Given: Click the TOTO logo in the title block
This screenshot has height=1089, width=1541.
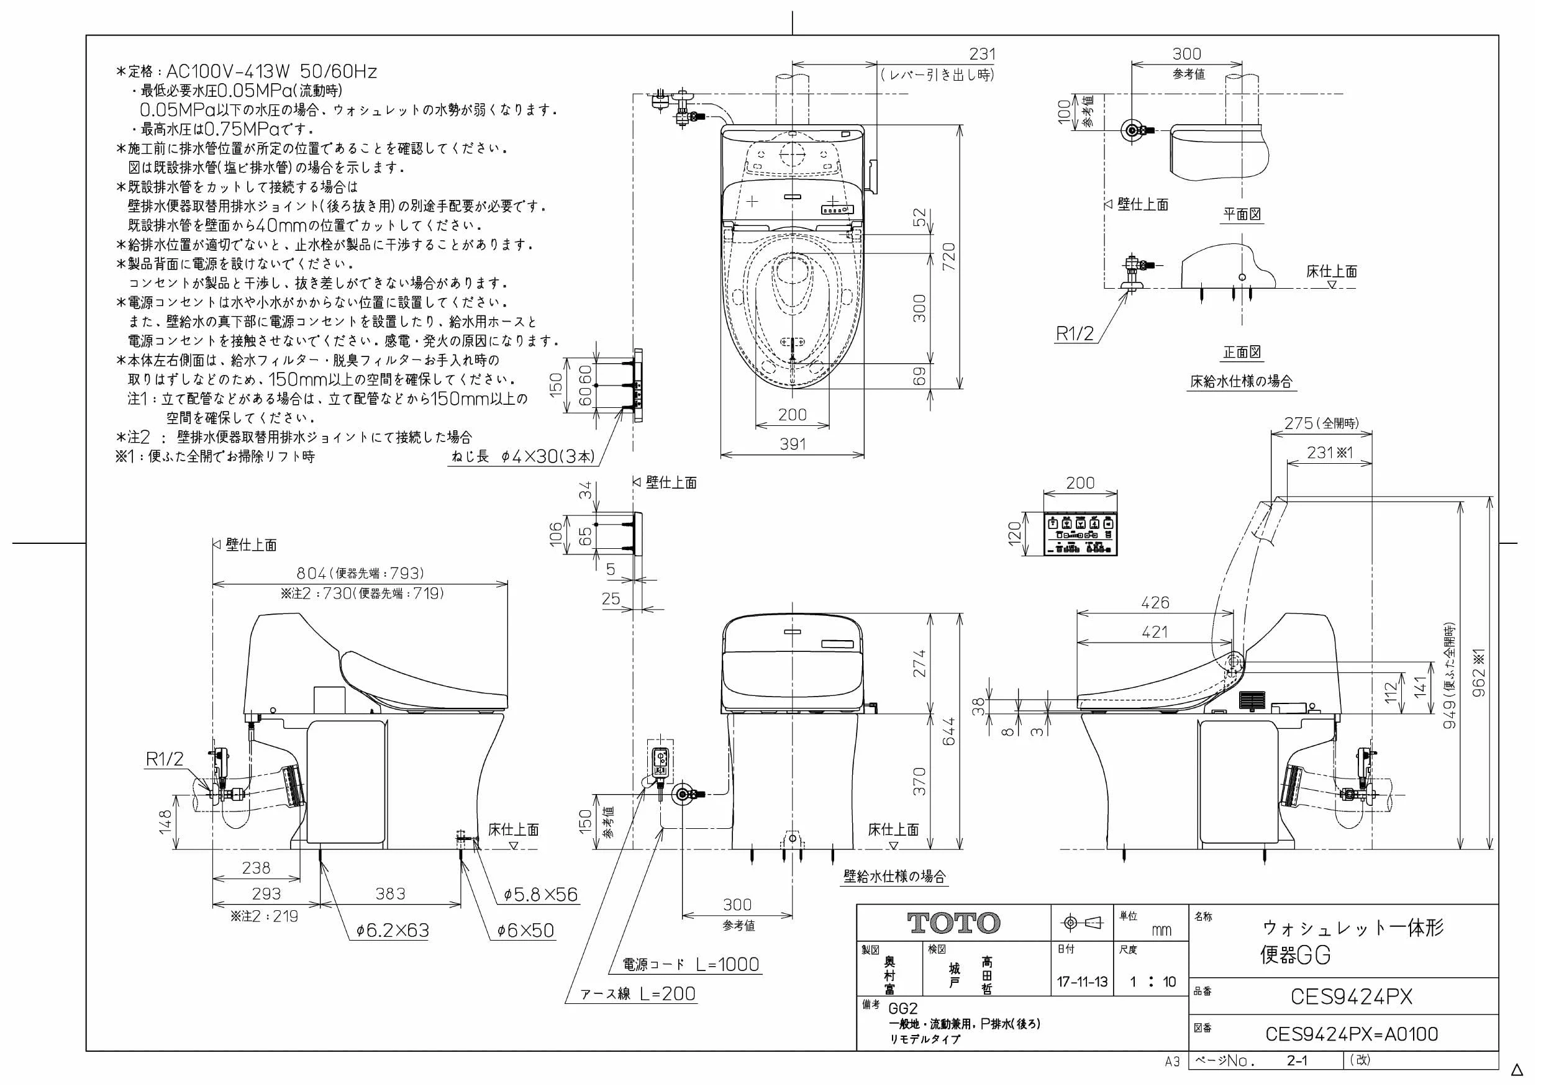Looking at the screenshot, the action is tap(953, 923).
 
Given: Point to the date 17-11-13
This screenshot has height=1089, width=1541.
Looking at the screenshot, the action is tap(1082, 982).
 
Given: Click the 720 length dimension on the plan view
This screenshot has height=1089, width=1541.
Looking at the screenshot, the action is tap(948, 257).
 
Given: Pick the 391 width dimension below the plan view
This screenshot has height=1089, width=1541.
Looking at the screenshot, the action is tap(792, 443).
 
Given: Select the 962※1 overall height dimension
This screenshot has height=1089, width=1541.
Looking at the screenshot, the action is tap(1480, 672).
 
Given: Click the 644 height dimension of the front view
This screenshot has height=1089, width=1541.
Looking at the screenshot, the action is tap(948, 731).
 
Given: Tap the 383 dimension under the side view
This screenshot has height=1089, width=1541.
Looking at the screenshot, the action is tap(390, 893).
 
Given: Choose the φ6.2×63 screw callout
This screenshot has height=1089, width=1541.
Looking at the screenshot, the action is tap(393, 930).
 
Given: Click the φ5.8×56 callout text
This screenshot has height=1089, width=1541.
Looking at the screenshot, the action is tap(541, 895).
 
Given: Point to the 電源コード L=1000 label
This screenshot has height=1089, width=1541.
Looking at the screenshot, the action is tap(691, 964).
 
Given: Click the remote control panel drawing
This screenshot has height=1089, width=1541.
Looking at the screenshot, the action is tap(1081, 534).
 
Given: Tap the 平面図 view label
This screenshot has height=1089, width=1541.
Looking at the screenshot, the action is tap(1242, 214).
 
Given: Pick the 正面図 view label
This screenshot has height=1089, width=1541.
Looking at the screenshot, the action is tap(1242, 351).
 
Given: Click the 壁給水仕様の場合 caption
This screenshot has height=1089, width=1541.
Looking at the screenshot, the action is tap(894, 875).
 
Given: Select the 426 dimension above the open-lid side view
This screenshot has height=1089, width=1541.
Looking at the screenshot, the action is tap(1155, 602).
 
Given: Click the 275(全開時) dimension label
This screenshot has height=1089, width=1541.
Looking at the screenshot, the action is tap(1322, 423).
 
